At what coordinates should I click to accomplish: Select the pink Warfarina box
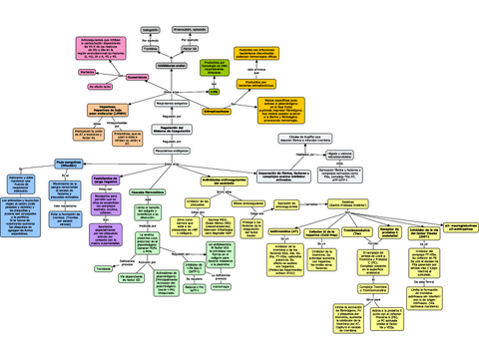(x=89, y=73)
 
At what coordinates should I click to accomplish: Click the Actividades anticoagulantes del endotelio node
(x=221, y=182)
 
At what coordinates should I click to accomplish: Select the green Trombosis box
(x=102, y=268)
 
